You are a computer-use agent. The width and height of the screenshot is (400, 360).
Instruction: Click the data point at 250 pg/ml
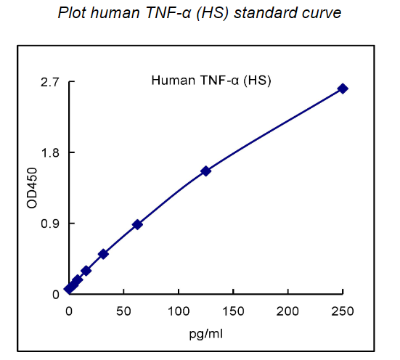click(343, 89)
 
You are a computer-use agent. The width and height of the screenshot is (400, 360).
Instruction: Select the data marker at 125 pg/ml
click(206, 171)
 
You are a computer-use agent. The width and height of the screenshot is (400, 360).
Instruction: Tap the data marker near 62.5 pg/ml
click(137, 225)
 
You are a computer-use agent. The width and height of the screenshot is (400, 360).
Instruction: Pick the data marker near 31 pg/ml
click(103, 254)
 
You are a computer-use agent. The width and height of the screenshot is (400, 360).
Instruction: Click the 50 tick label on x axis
click(123, 311)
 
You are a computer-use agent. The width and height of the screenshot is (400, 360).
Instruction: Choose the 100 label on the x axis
click(179, 311)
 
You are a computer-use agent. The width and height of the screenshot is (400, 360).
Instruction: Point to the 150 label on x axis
click(233, 311)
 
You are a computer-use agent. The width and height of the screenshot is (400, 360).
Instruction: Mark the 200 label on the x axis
click(288, 311)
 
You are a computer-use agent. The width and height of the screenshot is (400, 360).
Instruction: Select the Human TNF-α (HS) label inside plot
click(211, 81)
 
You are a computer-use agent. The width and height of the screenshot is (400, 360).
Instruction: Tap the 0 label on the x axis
click(69, 311)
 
